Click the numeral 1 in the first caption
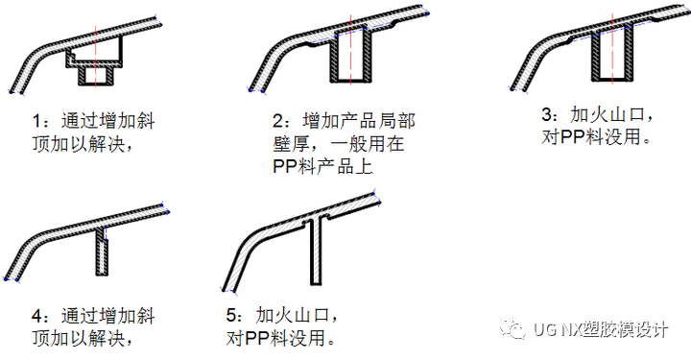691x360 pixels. pyautogui.click(x=36, y=123)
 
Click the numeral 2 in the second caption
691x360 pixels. pyautogui.click(x=279, y=122)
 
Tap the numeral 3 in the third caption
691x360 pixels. pyautogui.click(x=547, y=112)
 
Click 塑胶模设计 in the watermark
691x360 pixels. pyautogui.click(x=630, y=329)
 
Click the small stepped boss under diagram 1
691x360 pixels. pyautogui.click(x=97, y=69)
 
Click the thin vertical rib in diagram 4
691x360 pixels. pyautogui.click(x=103, y=252)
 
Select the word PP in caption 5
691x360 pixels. pyautogui.click(x=258, y=339)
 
